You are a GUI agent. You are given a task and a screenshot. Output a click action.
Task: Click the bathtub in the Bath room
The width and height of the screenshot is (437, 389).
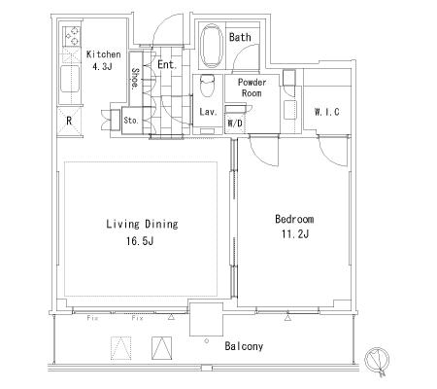(x=212, y=46)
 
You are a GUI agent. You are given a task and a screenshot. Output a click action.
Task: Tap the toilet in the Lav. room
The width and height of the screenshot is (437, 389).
(x=207, y=86)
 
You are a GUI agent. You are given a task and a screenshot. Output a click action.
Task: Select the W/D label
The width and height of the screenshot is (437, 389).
(x=235, y=124)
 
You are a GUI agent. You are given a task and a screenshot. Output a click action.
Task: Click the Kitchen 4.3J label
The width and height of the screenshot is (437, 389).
(x=103, y=60)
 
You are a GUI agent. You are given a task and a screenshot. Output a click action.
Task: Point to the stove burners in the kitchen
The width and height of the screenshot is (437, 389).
(x=72, y=36)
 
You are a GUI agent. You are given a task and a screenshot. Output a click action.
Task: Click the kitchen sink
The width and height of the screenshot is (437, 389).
(x=70, y=79)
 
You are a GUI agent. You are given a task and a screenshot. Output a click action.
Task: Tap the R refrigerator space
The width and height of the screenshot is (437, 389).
(x=69, y=122)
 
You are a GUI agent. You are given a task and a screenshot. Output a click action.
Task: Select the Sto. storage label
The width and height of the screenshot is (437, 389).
(x=131, y=121)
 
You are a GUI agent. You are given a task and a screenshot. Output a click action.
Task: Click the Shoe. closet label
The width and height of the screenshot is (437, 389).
(x=135, y=78)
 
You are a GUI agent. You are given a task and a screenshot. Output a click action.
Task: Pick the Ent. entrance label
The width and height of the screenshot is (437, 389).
(x=167, y=64)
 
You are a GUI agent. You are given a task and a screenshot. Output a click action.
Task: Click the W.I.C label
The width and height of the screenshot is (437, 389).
(x=326, y=112)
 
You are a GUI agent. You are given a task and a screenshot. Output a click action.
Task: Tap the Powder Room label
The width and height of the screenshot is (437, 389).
(x=252, y=88)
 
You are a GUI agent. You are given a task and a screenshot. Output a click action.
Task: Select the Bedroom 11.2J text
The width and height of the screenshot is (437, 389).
(x=294, y=226)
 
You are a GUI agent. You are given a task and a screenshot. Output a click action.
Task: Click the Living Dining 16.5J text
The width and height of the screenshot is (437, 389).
(x=142, y=232)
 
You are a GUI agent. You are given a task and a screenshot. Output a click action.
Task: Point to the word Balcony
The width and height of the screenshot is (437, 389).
(x=244, y=346)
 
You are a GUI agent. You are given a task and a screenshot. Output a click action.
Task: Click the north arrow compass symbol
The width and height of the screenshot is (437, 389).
(x=377, y=361)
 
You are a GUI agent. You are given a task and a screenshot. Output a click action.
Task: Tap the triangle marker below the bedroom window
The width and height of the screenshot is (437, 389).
(x=287, y=317)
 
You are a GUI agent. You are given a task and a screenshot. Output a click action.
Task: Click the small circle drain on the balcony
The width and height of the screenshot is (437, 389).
(x=207, y=341)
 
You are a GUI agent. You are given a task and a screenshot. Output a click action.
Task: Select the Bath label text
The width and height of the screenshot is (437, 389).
(x=240, y=37)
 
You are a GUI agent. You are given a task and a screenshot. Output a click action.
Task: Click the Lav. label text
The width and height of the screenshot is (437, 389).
(x=208, y=112)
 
